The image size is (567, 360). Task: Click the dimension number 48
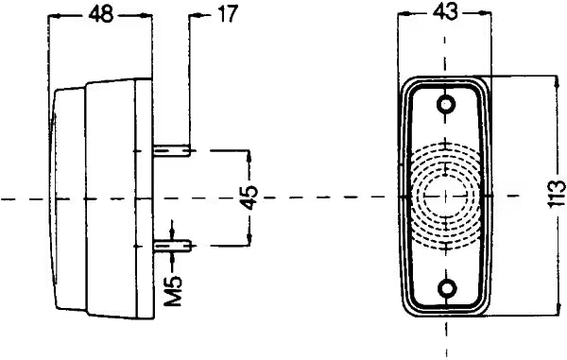point(102,15)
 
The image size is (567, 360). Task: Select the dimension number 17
point(228,14)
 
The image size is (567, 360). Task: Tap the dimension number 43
point(445,12)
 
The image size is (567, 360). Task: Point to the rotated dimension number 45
point(249,197)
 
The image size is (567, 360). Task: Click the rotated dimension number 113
point(557,194)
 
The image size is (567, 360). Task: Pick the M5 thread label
point(173,291)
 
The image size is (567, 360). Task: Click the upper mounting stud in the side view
point(172,150)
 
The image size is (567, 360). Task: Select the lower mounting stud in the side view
point(172,247)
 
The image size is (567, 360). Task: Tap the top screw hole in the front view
point(446,105)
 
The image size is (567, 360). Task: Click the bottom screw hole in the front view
point(447,288)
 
